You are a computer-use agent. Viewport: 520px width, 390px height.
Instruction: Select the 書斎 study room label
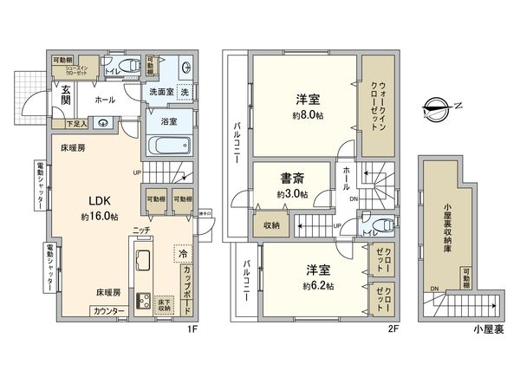[x=291, y=179]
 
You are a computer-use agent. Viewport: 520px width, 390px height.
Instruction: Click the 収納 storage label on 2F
[x=271, y=226]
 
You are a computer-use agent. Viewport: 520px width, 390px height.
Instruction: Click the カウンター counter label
[x=109, y=310]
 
